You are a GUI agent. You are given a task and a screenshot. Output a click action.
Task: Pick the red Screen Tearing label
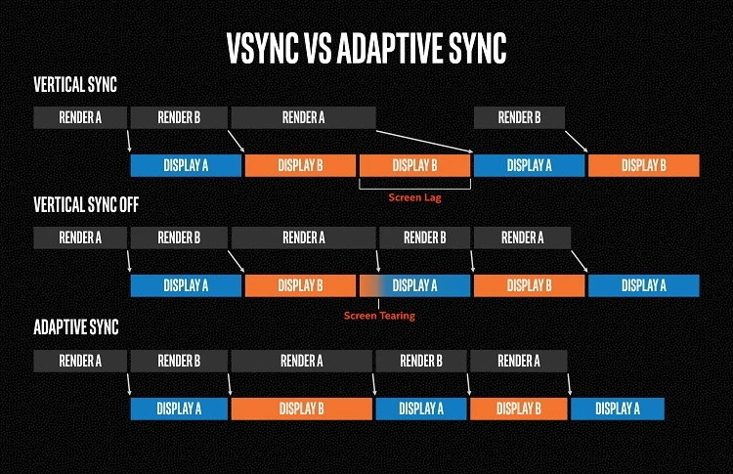click(x=379, y=315)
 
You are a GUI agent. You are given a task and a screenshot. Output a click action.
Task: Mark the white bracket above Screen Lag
click(x=415, y=184)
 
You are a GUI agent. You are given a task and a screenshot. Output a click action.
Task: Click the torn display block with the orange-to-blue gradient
click(x=415, y=285)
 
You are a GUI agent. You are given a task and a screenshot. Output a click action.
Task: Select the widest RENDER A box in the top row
click(x=303, y=118)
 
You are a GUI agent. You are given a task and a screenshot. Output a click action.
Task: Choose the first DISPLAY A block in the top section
click(x=186, y=165)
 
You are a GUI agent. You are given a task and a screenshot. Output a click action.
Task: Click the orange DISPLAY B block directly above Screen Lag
click(x=415, y=165)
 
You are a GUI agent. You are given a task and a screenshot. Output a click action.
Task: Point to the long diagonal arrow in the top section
click(x=425, y=140)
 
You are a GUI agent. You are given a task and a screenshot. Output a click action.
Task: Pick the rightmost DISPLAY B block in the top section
click(x=643, y=165)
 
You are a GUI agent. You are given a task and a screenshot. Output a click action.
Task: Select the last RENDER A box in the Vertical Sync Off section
click(x=522, y=237)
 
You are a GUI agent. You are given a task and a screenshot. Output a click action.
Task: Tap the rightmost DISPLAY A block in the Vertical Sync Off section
click(x=643, y=285)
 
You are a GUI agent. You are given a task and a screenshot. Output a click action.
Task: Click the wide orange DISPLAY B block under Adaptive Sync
click(x=301, y=408)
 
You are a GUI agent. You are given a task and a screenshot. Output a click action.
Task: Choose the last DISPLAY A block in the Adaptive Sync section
click(x=617, y=408)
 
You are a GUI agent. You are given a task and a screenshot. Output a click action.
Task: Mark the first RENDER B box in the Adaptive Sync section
click(x=179, y=361)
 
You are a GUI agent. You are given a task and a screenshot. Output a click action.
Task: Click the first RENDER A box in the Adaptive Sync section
click(x=80, y=361)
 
